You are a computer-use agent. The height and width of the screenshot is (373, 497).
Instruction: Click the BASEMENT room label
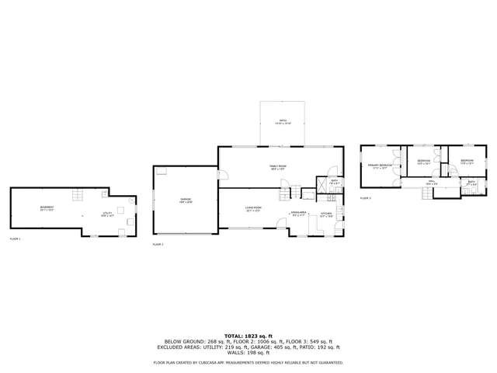pos(47,207)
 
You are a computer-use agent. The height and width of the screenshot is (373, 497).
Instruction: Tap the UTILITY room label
pos(107,214)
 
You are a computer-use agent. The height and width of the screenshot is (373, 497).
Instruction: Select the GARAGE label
pos(186,200)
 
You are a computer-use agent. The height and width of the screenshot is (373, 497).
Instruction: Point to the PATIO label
pos(283,121)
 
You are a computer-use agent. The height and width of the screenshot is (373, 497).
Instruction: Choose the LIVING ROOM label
pos(253,208)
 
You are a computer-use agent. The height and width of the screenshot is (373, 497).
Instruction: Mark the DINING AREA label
pos(300,213)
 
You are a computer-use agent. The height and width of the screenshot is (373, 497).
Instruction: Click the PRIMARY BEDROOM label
pos(379,166)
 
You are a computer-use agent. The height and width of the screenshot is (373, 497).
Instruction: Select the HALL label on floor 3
pos(431,183)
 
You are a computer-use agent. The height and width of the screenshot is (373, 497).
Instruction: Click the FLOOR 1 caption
pos(16,238)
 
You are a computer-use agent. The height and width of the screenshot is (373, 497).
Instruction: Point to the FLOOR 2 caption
pos(158,245)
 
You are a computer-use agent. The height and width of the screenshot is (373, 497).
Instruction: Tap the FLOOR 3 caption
pos(366,198)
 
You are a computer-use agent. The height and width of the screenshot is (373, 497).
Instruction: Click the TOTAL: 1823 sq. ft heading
pos(248,334)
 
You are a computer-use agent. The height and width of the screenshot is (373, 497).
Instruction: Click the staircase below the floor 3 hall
pos(422,192)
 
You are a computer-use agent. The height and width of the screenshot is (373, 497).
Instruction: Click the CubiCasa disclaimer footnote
pos(248,362)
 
